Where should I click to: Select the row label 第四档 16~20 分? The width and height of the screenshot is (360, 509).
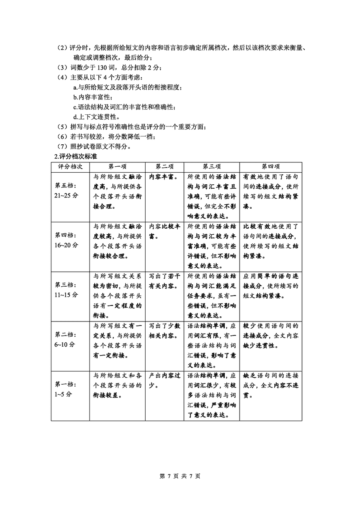tap(67, 240)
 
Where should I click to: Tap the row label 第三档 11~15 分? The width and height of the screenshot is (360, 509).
tap(67, 290)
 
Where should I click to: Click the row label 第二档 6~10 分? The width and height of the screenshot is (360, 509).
tap(67, 339)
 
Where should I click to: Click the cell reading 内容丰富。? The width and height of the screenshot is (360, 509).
tap(164, 177)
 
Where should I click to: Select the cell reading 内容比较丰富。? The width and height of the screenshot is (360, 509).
tap(164, 231)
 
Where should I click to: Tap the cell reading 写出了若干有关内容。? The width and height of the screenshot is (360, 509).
tap(164, 281)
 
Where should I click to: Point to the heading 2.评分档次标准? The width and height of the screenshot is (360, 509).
tap(76, 156)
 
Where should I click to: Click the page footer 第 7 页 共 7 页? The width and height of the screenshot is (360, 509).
tap(180, 476)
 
